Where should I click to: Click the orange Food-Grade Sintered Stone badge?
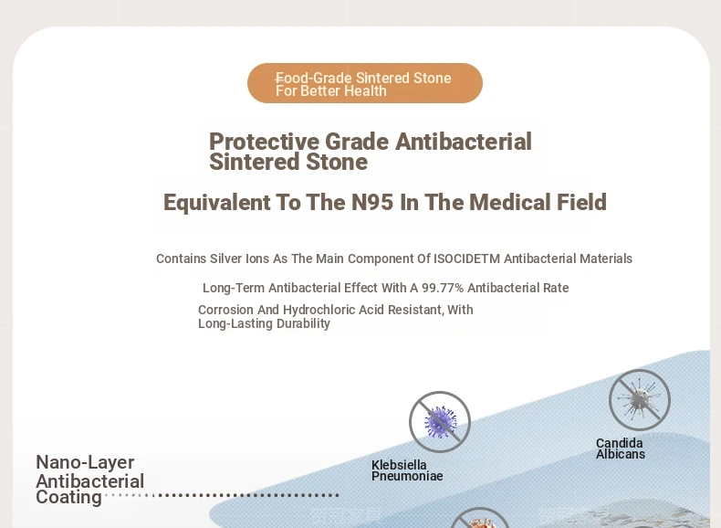[x=365, y=83]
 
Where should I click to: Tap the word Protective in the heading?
[x=264, y=142]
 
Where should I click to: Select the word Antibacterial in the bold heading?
[x=464, y=142]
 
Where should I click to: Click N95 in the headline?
[x=372, y=203]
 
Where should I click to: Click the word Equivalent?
[x=217, y=203]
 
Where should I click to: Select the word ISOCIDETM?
[x=466, y=259]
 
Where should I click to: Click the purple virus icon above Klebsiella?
[x=440, y=422]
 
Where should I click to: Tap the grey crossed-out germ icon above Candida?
[x=640, y=400]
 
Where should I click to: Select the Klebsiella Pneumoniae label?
[x=407, y=470]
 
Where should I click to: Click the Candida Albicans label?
[x=621, y=449]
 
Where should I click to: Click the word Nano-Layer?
[x=85, y=462]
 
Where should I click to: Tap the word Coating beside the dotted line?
[x=69, y=498]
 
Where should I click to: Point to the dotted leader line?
[x=222, y=495]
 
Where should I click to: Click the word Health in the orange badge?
[x=366, y=91]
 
